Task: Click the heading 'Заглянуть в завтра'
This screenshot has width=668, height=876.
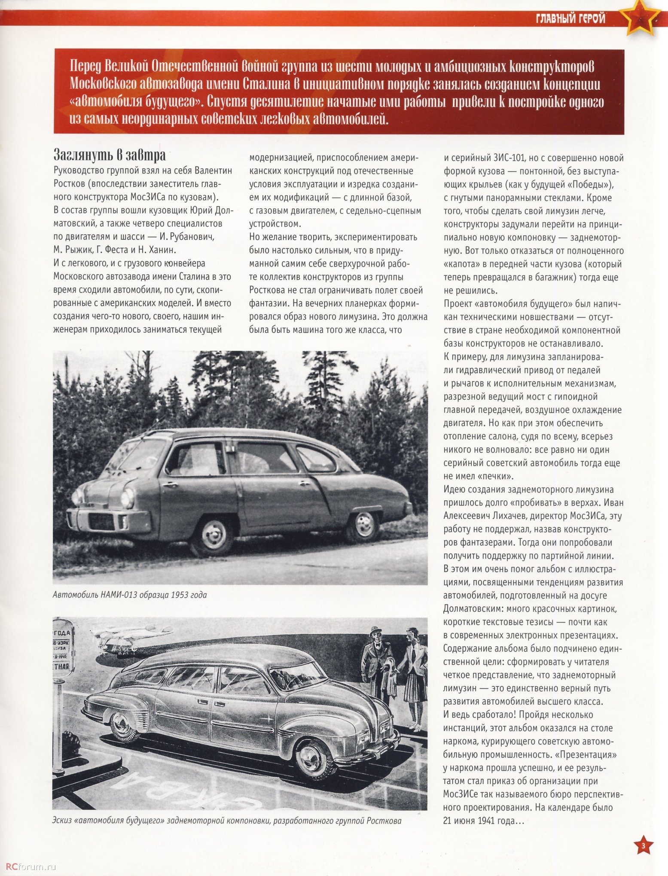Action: point(109,155)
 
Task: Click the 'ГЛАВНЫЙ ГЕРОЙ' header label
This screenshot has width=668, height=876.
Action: point(570,19)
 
